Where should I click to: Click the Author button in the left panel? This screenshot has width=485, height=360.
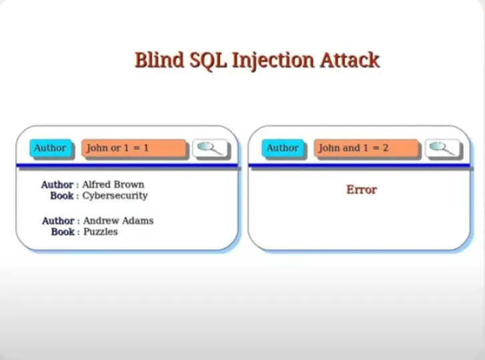coord(50,148)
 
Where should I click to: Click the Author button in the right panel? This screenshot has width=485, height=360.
coord(282,148)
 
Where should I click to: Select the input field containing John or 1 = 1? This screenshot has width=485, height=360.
coord(133,148)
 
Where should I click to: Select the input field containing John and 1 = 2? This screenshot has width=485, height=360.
coord(366,148)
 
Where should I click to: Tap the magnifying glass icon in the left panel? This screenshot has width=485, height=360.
coord(210,148)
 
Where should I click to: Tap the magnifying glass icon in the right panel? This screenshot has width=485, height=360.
coord(442,148)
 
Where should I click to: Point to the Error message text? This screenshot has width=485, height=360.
coord(362,190)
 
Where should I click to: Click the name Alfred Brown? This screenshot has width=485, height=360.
coord(113,185)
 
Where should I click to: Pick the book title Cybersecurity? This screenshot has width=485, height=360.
coord(115,196)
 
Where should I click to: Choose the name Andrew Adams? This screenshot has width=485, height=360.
coord(118,221)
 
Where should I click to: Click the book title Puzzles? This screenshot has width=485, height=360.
coord(101,232)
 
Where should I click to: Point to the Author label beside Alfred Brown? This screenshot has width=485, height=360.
coord(57,185)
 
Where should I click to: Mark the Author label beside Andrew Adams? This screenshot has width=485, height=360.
coord(58,221)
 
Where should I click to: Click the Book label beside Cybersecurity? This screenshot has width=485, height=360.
coord(62,196)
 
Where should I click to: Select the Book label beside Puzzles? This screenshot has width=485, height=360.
coord(63,232)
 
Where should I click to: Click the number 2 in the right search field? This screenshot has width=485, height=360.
coord(385,148)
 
